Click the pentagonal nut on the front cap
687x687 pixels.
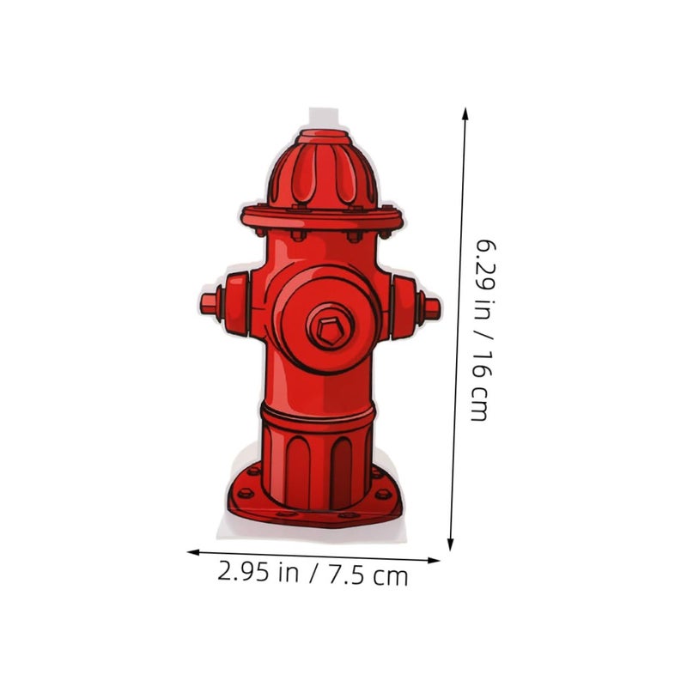[330, 330]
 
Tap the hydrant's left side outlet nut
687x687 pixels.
[210, 304]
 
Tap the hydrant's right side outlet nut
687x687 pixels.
[432, 309]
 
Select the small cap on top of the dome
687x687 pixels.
[325, 137]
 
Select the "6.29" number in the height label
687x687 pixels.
[485, 264]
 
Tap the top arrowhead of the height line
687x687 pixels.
[465, 113]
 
